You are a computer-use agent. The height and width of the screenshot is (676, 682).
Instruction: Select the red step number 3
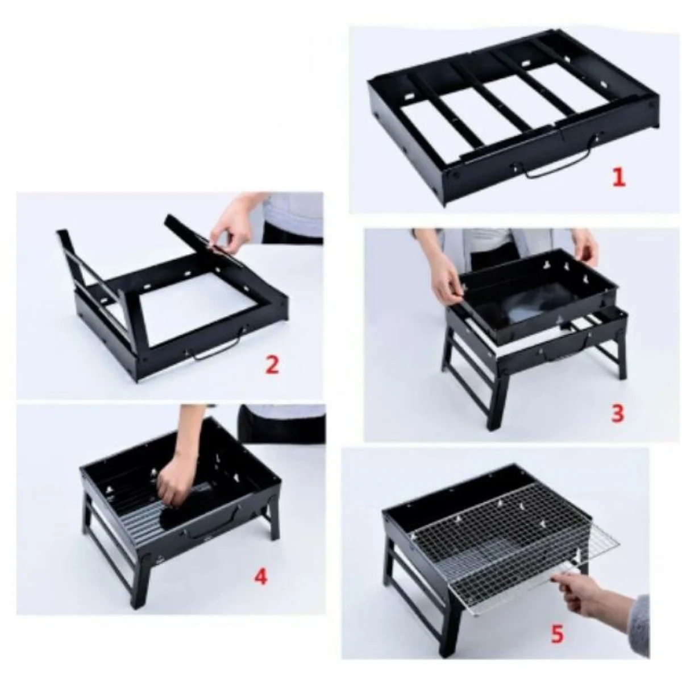tap(617, 413)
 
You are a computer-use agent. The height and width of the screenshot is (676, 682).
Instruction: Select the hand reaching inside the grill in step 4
tap(173, 480)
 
